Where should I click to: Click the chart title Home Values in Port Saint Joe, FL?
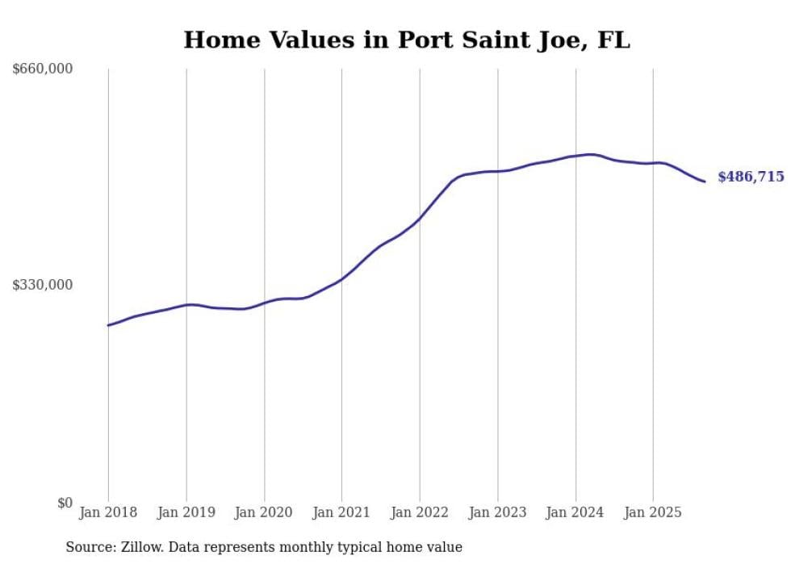tap(407, 40)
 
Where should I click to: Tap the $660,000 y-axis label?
tap(43, 69)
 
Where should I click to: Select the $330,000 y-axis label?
tap(43, 285)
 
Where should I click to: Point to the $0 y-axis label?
tap(64, 503)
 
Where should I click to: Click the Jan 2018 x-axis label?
tap(108, 512)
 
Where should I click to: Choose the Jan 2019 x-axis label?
tap(186, 512)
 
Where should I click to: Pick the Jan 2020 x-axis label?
tap(264, 512)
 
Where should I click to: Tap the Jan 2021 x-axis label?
tap(341, 512)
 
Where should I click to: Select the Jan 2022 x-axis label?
tap(420, 512)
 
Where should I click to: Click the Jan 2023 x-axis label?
tap(498, 512)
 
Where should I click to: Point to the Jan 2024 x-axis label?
tap(575, 512)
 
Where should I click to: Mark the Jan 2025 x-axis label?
tap(653, 512)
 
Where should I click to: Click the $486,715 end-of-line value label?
tap(751, 177)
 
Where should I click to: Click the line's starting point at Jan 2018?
tap(108, 325)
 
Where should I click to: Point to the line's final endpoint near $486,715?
tap(705, 182)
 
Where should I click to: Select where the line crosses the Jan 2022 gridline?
tap(420, 217)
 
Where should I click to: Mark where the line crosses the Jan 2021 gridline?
tap(341, 279)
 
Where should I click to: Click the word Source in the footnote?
tap(89, 547)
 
